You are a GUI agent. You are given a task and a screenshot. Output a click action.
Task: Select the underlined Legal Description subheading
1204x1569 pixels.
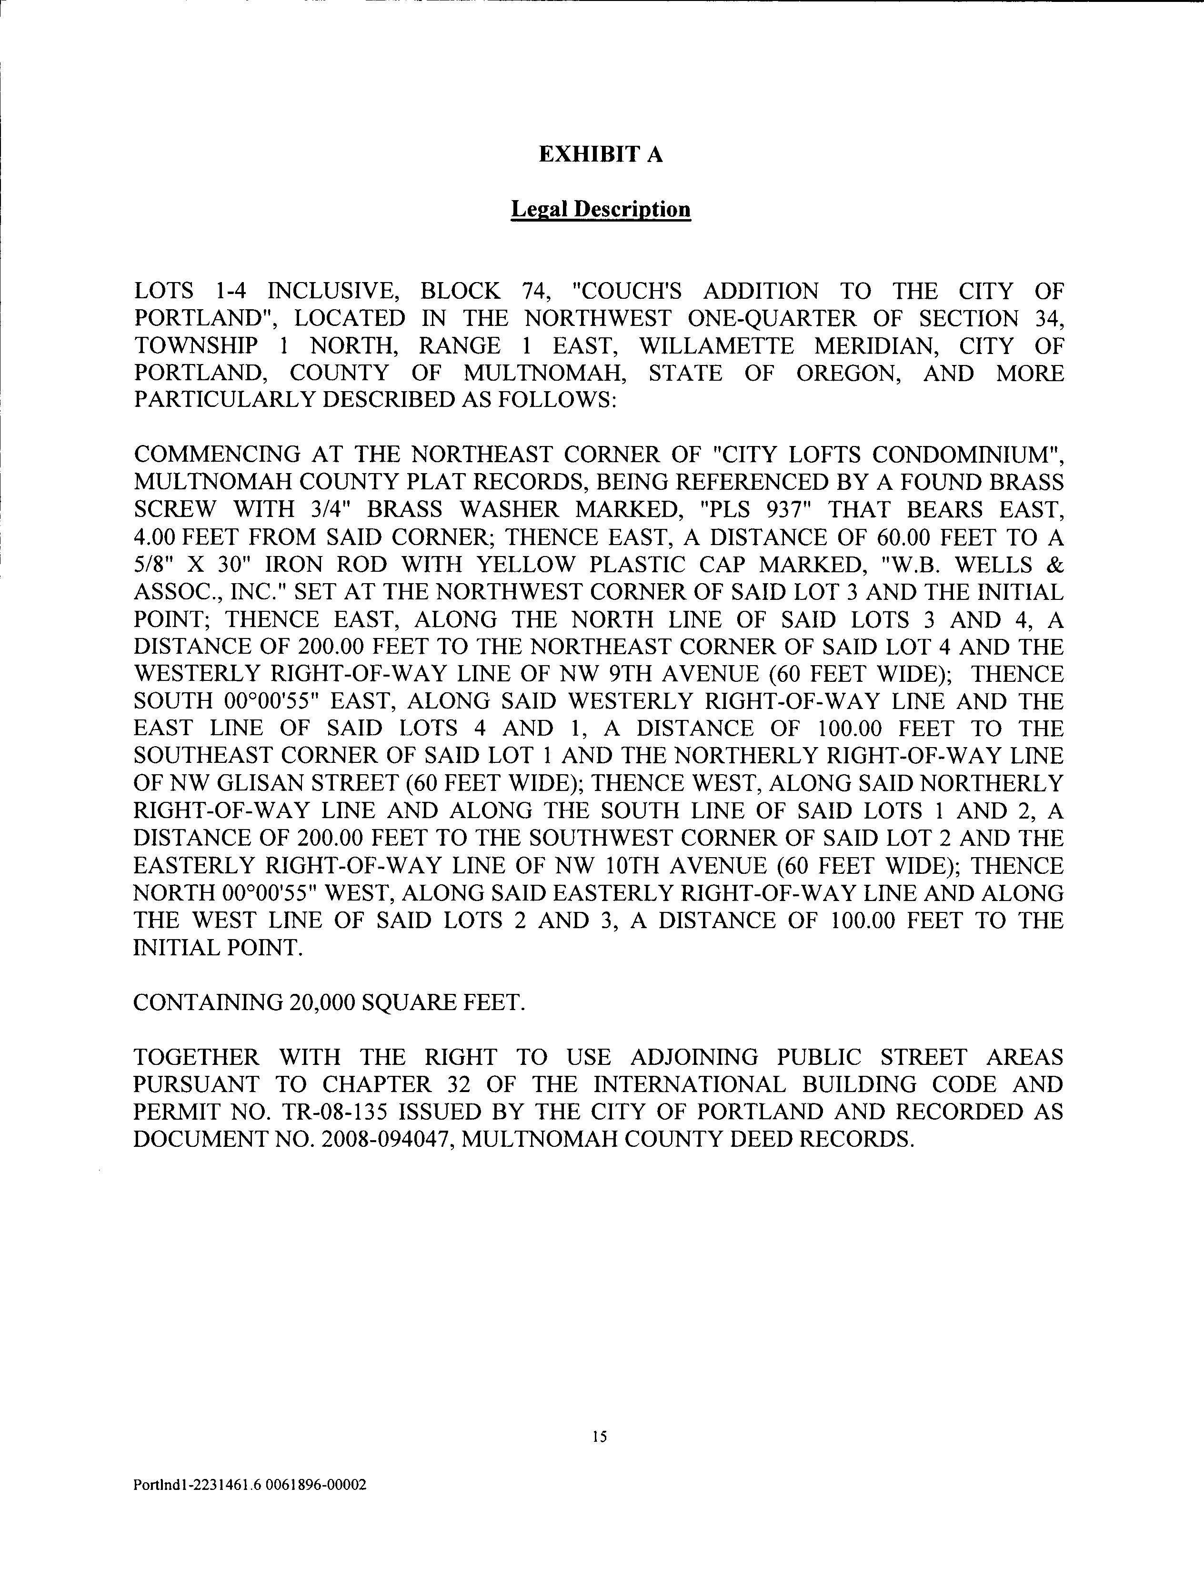(601, 209)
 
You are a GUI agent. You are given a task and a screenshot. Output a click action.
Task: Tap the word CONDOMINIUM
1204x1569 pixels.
(967, 455)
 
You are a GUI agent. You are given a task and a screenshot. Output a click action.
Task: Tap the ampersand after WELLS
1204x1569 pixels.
(1055, 564)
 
